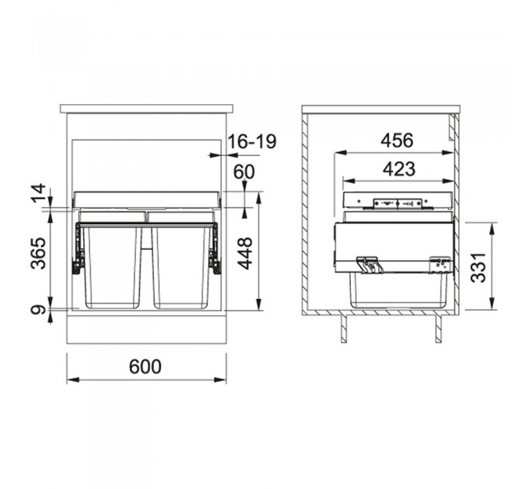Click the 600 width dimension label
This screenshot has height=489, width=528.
point(146,366)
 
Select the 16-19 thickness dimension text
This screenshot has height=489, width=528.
point(252,142)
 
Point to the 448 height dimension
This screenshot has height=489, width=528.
point(246,253)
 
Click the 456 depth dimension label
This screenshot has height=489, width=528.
point(396,140)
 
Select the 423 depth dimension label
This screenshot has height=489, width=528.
point(396,168)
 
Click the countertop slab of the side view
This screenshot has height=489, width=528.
point(381,109)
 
